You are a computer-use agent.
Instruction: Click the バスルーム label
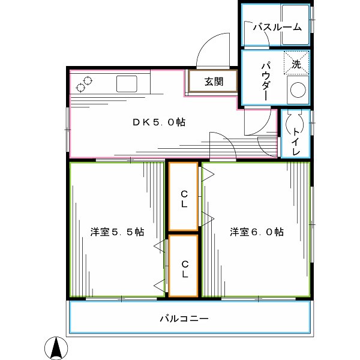click(276, 27)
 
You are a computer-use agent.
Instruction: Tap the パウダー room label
click(265, 82)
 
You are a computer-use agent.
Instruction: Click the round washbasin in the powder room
click(298, 91)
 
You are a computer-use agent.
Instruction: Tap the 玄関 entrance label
click(213, 82)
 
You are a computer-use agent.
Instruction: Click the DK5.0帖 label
click(159, 122)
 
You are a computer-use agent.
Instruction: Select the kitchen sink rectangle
click(127, 83)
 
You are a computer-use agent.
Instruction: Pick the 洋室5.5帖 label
click(117, 232)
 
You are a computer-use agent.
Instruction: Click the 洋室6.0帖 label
click(257, 232)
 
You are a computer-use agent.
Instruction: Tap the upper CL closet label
click(184, 199)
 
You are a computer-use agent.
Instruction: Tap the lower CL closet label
click(184, 268)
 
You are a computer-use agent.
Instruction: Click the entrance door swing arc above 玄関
click(214, 49)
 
